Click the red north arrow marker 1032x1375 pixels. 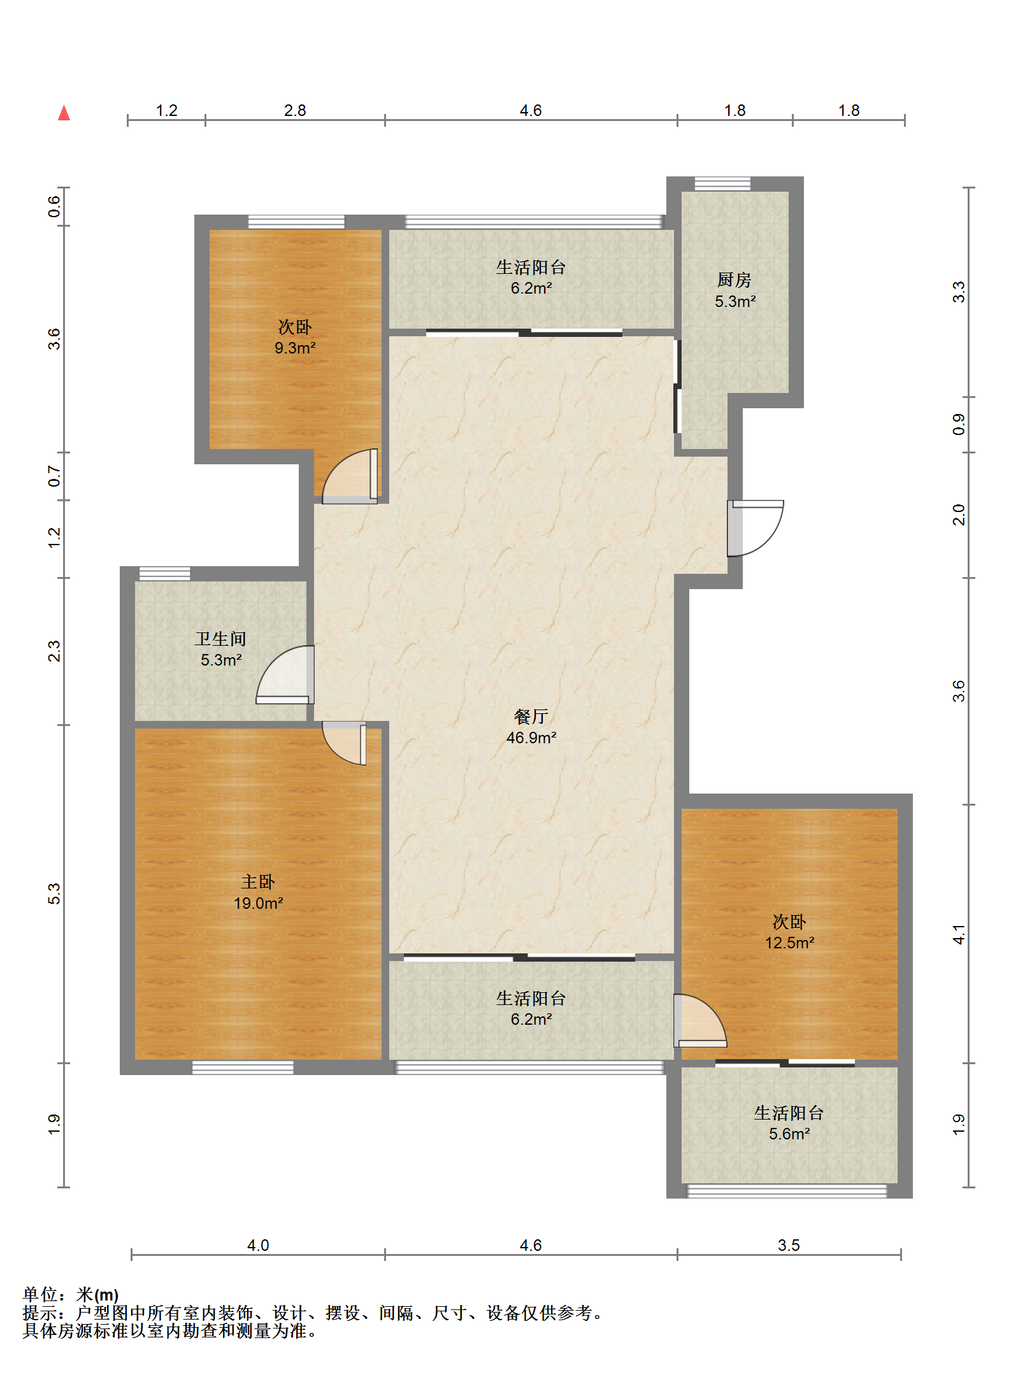pyautogui.click(x=64, y=113)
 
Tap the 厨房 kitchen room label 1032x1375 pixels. pyautogui.click(x=735, y=280)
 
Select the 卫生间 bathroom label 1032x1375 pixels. pyautogui.click(x=220, y=639)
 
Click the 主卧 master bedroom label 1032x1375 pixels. pyautogui.click(x=258, y=881)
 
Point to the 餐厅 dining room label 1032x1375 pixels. pyautogui.click(x=531, y=716)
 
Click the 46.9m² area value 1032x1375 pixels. pyautogui.click(x=531, y=737)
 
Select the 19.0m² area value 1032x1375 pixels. pyautogui.click(x=258, y=903)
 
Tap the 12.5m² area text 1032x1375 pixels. pyautogui.click(x=790, y=943)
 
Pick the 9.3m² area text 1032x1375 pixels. pyautogui.click(x=295, y=348)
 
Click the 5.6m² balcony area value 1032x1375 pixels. pyautogui.click(x=789, y=1134)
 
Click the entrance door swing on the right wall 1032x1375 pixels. pyautogui.click(x=756, y=528)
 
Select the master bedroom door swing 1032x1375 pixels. pyautogui.click(x=345, y=743)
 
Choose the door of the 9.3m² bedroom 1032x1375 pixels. pyautogui.click(x=350, y=476)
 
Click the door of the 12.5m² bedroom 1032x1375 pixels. pyautogui.click(x=700, y=1020)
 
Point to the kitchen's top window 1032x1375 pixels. pyautogui.click(x=722, y=184)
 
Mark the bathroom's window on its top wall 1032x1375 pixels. pyautogui.click(x=164, y=573)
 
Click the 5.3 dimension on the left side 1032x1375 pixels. pyautogui.click(x=54, y=894)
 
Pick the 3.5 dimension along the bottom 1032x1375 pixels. pyautogui.click(x=789, y=1244)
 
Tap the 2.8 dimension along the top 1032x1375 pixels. pyautogui.click(x=295, y=110)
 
